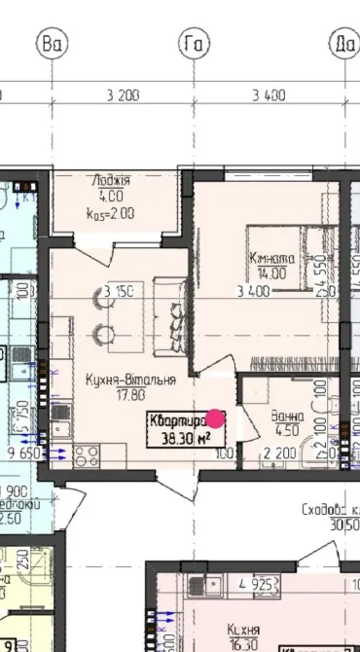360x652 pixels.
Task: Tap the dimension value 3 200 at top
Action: click(124, 94)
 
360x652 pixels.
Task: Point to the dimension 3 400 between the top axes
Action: click(269, 94)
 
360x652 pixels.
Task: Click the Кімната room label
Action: click(271, 259)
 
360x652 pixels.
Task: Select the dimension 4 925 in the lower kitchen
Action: click(256, 584)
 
